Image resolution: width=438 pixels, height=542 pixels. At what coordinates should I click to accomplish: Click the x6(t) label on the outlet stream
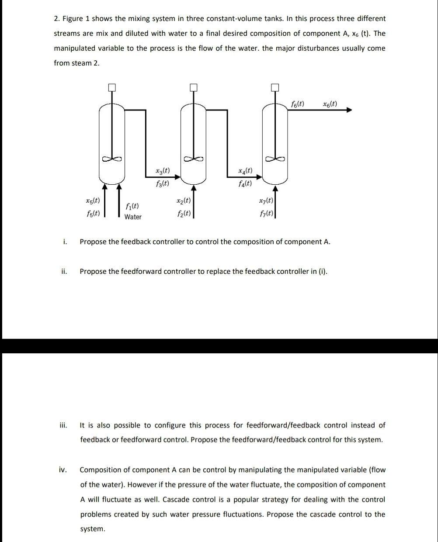(x=330, y=104)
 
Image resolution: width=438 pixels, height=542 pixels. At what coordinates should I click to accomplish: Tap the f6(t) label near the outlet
(x=298, y=104)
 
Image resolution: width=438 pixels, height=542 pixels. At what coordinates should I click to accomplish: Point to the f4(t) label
(x=245, y=183)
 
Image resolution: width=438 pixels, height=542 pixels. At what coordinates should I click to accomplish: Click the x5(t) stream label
(x=92, y=201)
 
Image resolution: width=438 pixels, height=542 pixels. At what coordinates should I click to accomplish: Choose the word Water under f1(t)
(x=133, y=217)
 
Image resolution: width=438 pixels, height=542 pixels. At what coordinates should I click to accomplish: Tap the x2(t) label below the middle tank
(x=183, y=201)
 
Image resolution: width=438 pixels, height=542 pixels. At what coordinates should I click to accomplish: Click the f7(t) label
(x=266, y=214)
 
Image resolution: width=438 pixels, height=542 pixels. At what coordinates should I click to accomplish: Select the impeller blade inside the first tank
(x=112, y=159)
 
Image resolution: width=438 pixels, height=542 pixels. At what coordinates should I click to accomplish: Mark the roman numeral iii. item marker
(x=63, y=425)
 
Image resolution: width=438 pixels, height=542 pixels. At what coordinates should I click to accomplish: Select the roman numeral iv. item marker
(x=63, y=470)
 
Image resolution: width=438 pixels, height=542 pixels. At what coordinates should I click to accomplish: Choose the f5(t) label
(x=92, y=214)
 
